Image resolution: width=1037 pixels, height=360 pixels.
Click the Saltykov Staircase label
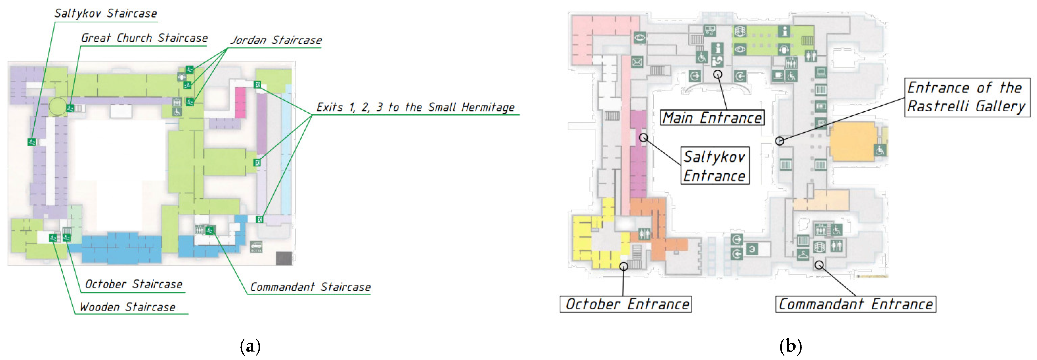click(x=105, y=13)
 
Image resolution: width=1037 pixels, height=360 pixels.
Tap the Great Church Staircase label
click(x=144, y=38)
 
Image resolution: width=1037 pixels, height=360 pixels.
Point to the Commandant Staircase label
click(x=310, y=287)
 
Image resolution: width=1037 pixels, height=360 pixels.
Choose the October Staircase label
click(x=134, y=284)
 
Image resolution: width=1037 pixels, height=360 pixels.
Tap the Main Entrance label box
click(x=712, y=118)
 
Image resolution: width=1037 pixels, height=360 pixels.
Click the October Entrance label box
click(x=626, y=304)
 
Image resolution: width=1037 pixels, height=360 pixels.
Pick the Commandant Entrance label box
click(x=856, y=304)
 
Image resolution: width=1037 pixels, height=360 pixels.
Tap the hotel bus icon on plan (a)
click(x=256, y=246)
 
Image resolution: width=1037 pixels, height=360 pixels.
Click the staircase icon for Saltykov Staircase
click(x=31, y=142)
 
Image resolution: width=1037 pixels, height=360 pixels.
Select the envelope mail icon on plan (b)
click(x=637, y=62)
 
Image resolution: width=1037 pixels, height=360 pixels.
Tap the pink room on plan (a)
click(x=240, y=102)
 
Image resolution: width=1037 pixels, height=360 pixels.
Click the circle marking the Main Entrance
click(x=718, y=74)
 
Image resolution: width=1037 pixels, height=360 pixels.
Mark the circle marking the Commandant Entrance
click(x=819, y=265)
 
